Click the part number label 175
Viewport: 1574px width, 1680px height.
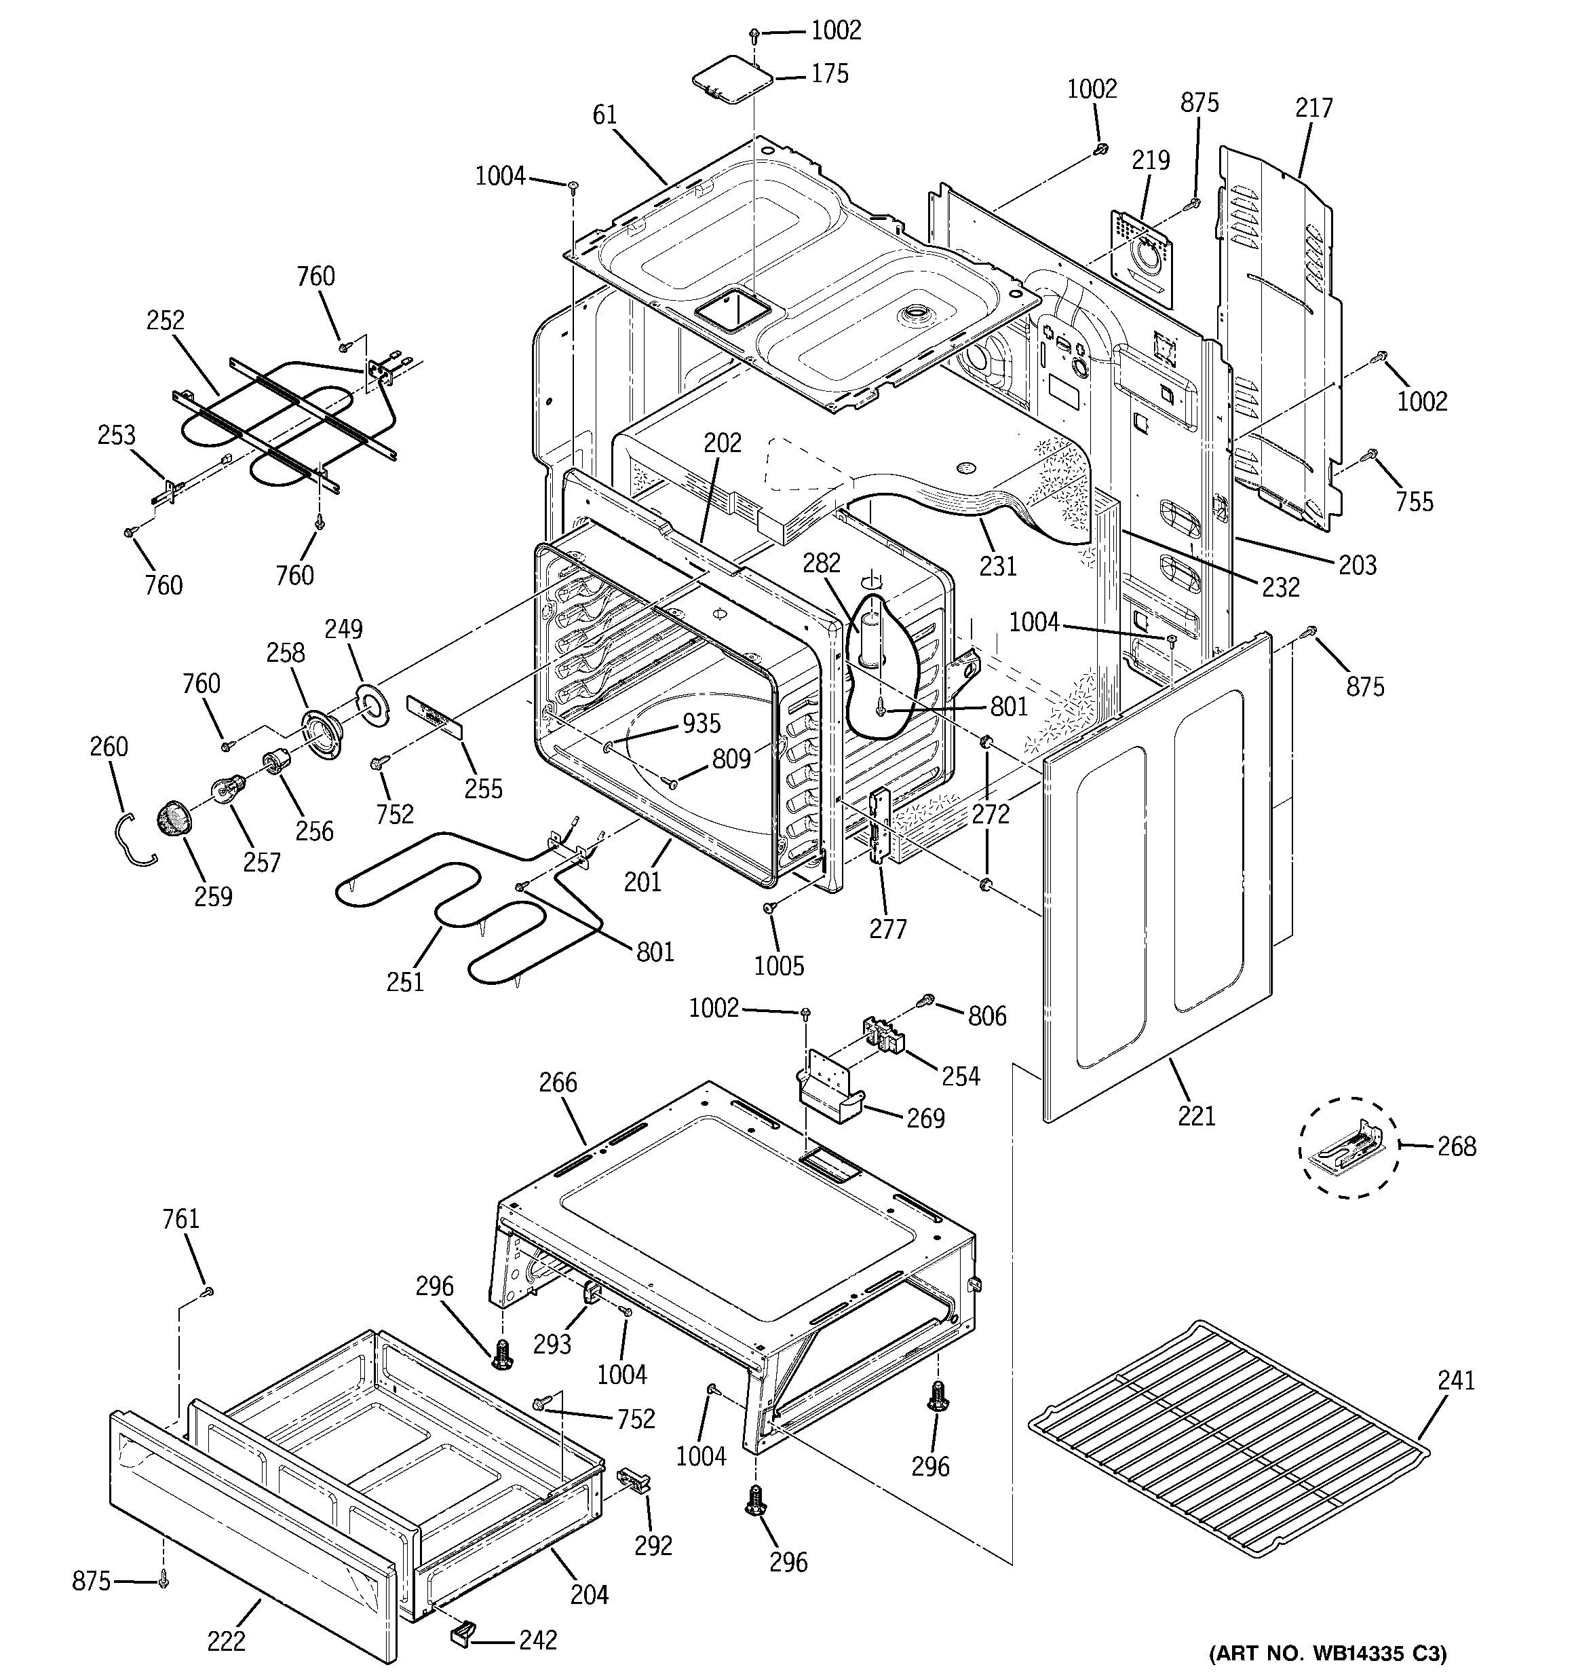tap(829, 75)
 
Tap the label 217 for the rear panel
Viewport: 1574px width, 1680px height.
tap(1313, 107)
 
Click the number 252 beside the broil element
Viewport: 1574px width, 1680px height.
tap(165, 320)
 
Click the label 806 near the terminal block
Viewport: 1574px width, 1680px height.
tap(987, 1015)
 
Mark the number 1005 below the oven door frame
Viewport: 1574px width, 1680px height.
tap(779, 966)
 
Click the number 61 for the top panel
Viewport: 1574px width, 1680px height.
tap(605, 115)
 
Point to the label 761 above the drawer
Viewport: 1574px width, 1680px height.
tap(180, 1218)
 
